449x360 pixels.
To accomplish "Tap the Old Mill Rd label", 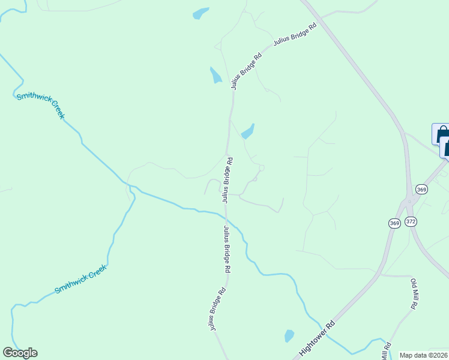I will [x=414, y=293].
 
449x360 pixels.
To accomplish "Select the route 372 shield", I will [x=411, y=221].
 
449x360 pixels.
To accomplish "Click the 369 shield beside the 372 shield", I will [x=394, y=223].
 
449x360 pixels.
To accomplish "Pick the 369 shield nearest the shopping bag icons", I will [x=421, y=190].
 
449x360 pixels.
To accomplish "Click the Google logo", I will [x=20, y=353].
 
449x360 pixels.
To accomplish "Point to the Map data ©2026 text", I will [x=424, y=355].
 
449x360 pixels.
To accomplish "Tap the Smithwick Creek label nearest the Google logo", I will [x=80, y=280].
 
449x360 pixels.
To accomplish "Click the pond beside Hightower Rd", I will [x=289, y=335].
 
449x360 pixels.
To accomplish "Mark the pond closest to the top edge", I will [x=200, y=13].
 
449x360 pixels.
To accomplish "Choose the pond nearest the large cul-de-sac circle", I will [x=248, y=131].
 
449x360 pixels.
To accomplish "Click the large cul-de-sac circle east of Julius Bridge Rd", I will [x=261, y=168].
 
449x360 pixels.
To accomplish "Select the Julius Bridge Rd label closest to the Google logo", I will [x=217, y=308].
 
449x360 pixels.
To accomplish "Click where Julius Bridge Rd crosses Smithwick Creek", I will [x=226, y=215].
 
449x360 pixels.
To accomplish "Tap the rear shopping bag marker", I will [x=441, y=133].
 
